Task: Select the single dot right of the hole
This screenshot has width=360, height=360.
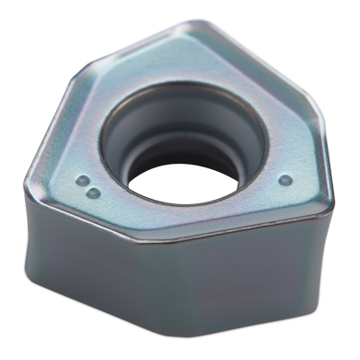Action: tap(286, 178)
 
